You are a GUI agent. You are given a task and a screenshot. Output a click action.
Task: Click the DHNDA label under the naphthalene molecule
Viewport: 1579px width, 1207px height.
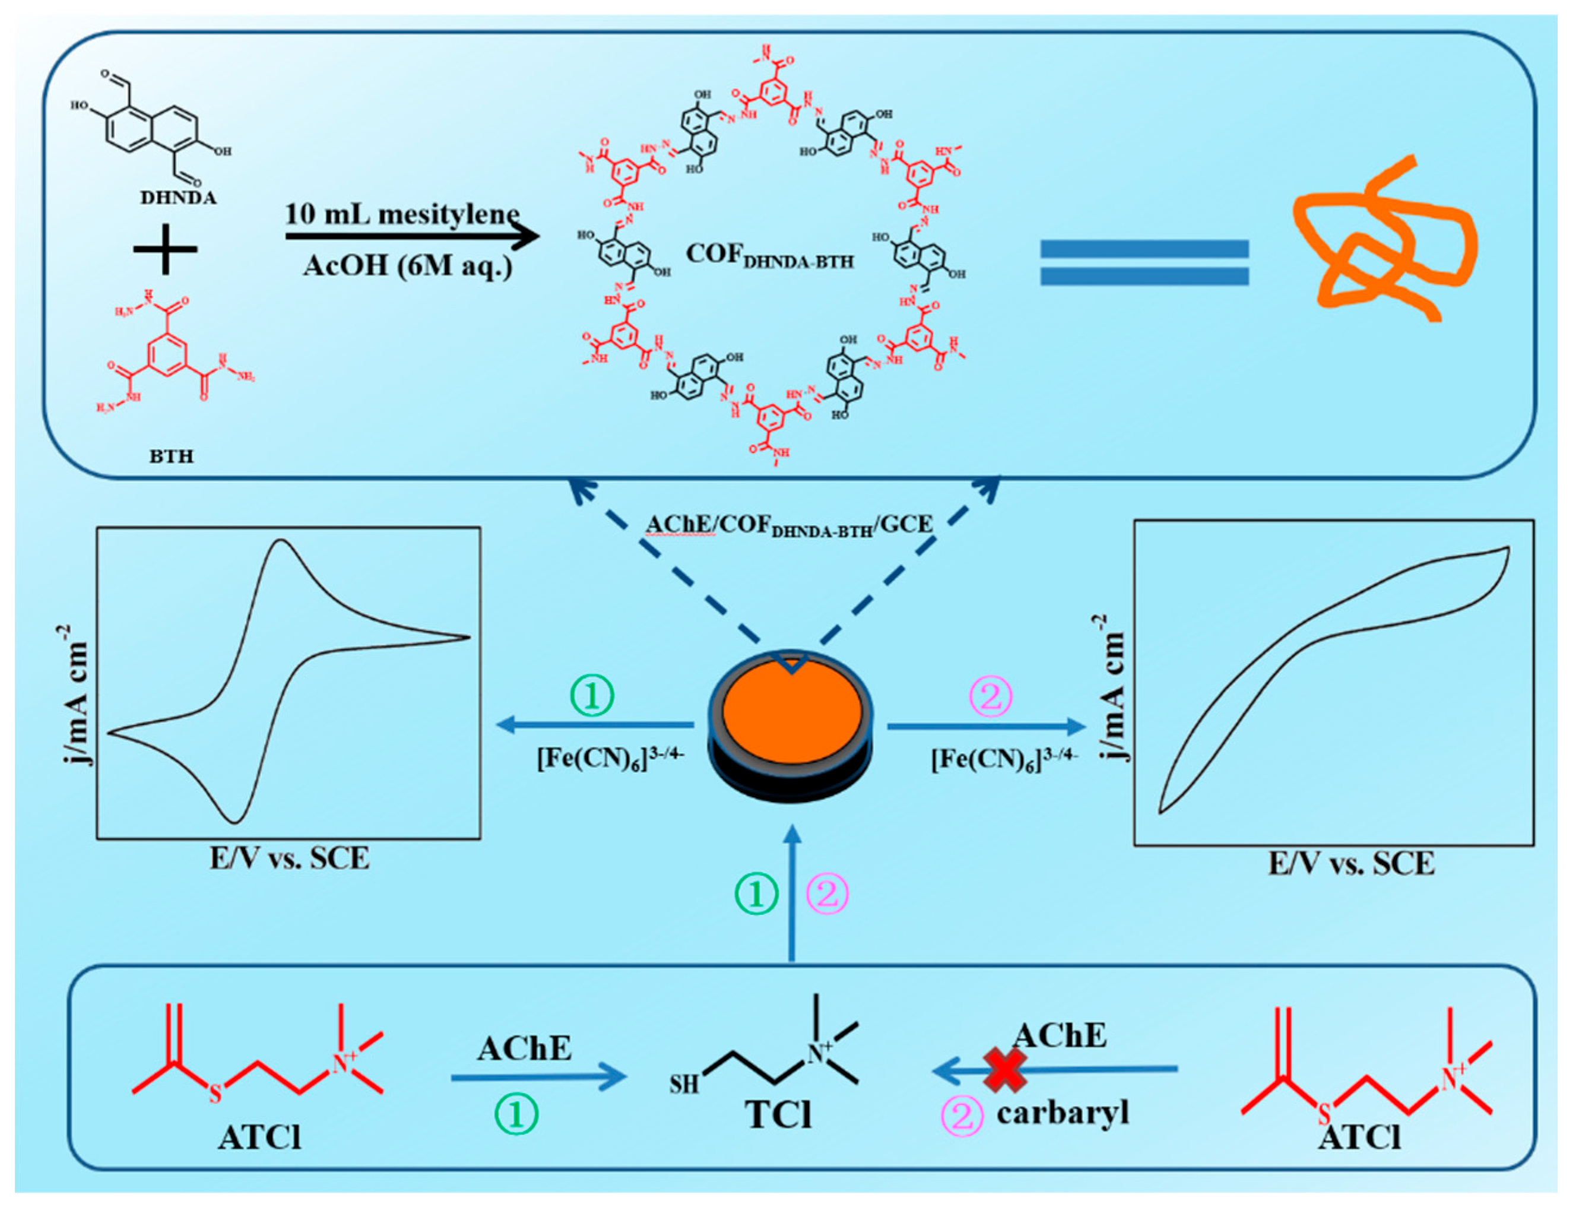[x=178, y=198]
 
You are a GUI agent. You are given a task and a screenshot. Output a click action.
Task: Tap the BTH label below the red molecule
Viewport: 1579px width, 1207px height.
[x=171, y=456]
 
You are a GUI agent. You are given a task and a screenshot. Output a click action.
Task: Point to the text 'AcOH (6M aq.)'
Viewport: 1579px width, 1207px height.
[x=407, y=266]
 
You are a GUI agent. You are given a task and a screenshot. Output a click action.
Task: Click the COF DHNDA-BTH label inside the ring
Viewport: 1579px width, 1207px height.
[x=769, y=256]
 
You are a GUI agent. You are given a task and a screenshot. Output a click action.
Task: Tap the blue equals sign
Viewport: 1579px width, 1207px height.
[x=1144, y=262]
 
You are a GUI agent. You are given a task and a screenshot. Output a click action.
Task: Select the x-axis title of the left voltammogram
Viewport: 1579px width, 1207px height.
[x=290, y=858]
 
